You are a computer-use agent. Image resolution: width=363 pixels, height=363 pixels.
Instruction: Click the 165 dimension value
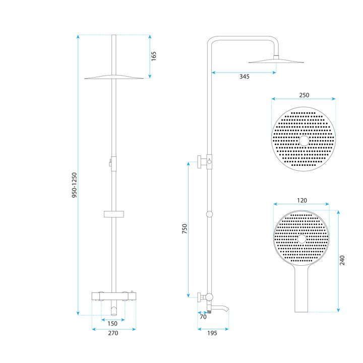click(154, 56)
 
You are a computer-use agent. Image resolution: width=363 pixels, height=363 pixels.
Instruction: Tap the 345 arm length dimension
click(244, 77)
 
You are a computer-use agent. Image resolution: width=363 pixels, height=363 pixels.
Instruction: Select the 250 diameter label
click(304, 95)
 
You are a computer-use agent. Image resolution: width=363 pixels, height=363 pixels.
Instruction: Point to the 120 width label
click(301, 200)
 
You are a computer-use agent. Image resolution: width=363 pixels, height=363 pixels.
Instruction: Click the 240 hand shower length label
click(342, 260)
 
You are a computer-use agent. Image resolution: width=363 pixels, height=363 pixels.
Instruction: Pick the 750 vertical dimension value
click(185, 229)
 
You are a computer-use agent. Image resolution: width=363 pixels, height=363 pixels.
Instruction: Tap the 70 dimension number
click(203, 318)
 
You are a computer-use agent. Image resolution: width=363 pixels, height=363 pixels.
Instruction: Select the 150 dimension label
click(113, 323)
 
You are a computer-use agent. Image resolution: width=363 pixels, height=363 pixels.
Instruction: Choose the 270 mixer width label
click(113, 333)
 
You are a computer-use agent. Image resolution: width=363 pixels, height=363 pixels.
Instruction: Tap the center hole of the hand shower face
click(301, 238)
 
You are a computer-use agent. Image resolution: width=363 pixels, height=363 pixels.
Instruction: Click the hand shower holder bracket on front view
click(113, 214)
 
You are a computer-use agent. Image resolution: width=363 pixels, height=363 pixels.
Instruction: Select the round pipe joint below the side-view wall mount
click(209, 214)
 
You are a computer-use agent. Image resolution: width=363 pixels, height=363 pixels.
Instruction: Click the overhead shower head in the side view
click(277, 61)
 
